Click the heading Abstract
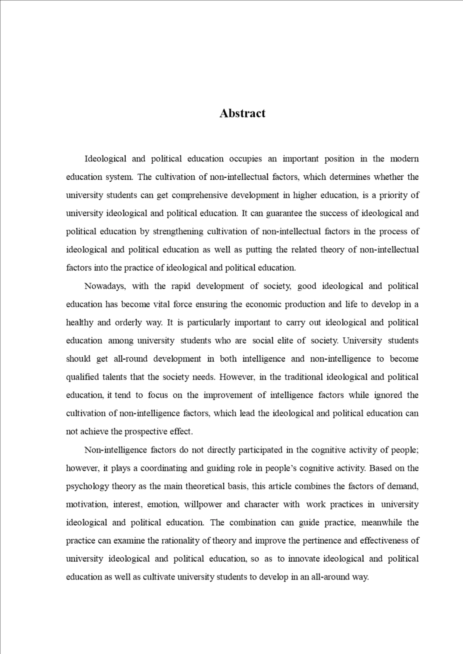242,113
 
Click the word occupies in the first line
245,159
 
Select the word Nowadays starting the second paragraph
105,286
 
